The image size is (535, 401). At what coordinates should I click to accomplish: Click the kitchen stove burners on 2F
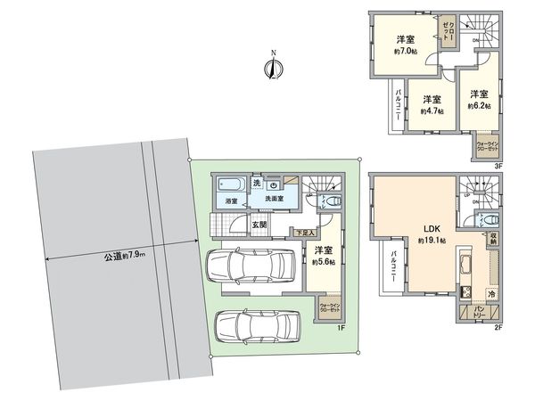[465, 292]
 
